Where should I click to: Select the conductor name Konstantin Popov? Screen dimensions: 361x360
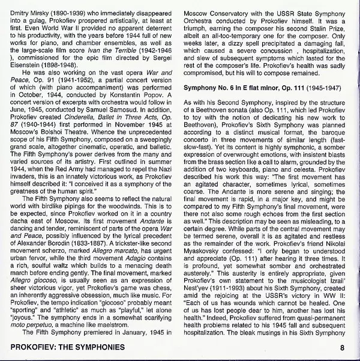130,112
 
